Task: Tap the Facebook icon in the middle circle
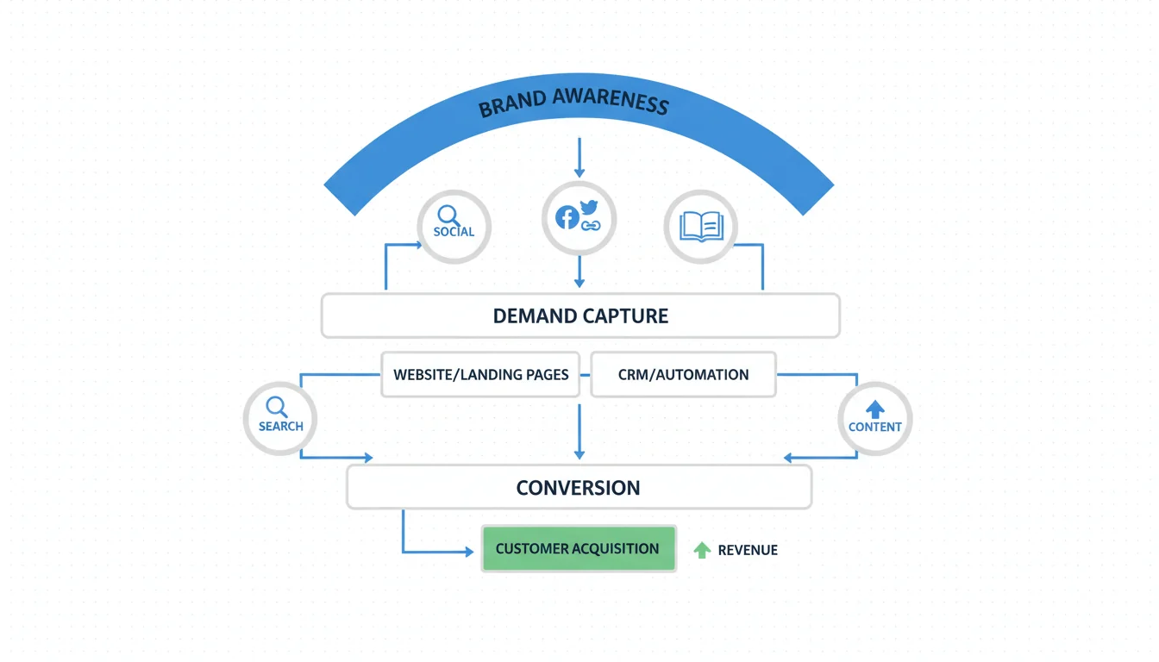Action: tap(567, 217)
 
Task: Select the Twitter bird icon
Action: tap(589, 207)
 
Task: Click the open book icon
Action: tap(700, 227)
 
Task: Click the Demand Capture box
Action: tap(580, 315)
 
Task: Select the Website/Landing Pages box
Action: tap(480, 375)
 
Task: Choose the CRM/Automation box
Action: tap(683, 375)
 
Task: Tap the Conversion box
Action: tap(579, 488)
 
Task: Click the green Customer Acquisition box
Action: tap(578, 549)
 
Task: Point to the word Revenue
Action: tap(748, 550)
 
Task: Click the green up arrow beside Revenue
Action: tap(703, 550)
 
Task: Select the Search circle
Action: tap(280, 420)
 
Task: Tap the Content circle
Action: tap(874, 420)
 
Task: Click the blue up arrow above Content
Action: tap(874, 409)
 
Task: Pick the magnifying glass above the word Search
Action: tap(276, 406)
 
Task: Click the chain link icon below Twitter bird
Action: tap(590, 225)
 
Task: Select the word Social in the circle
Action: tap(454, 232)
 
